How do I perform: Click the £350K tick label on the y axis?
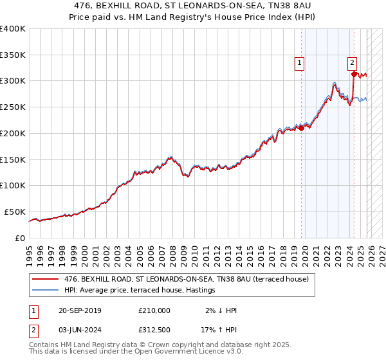[12, 55]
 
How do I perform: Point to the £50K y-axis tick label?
[15, 212]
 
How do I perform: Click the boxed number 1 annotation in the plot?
[300, 62]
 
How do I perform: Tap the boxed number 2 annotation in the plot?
[353, 62]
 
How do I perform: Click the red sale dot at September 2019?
[302, 128]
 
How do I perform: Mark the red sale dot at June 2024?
[354, 74]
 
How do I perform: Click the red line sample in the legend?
[45, 280]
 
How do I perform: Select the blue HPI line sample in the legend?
[45, 291]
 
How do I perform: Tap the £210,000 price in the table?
[154, 310]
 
